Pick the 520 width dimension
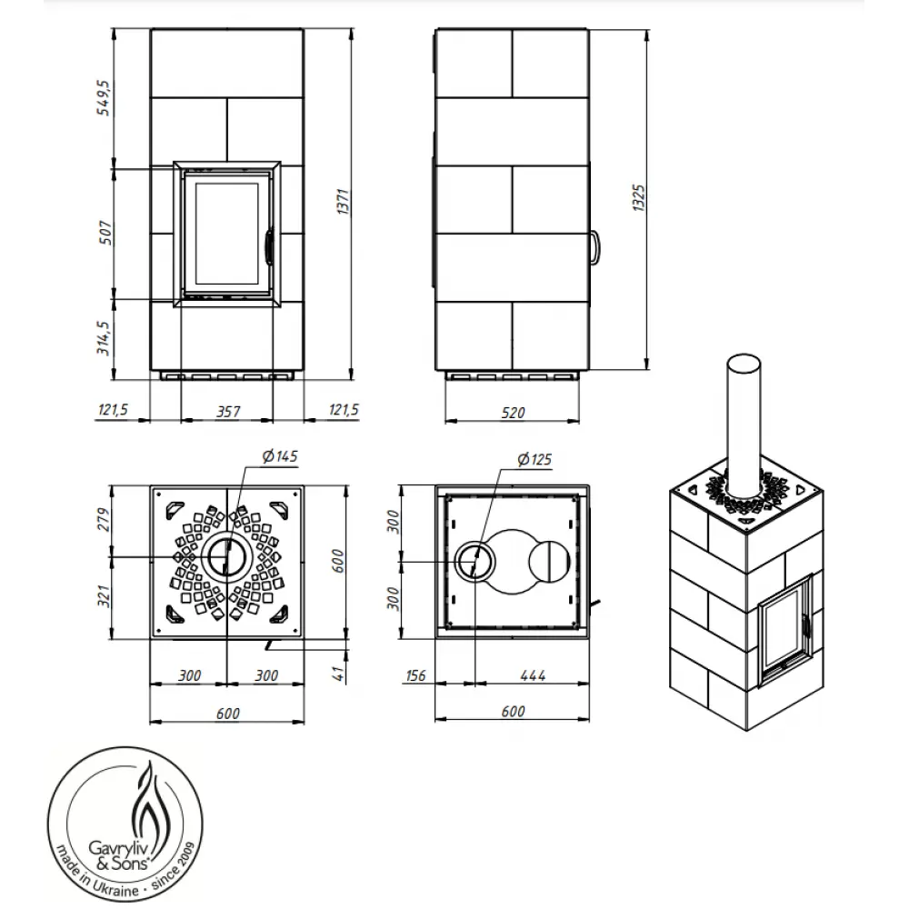point(513,412)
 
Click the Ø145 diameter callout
point(279,456)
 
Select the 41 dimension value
point(340,674)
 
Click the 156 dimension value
point(416,674)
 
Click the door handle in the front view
point(269,245)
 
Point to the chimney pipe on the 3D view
point(744,418)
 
